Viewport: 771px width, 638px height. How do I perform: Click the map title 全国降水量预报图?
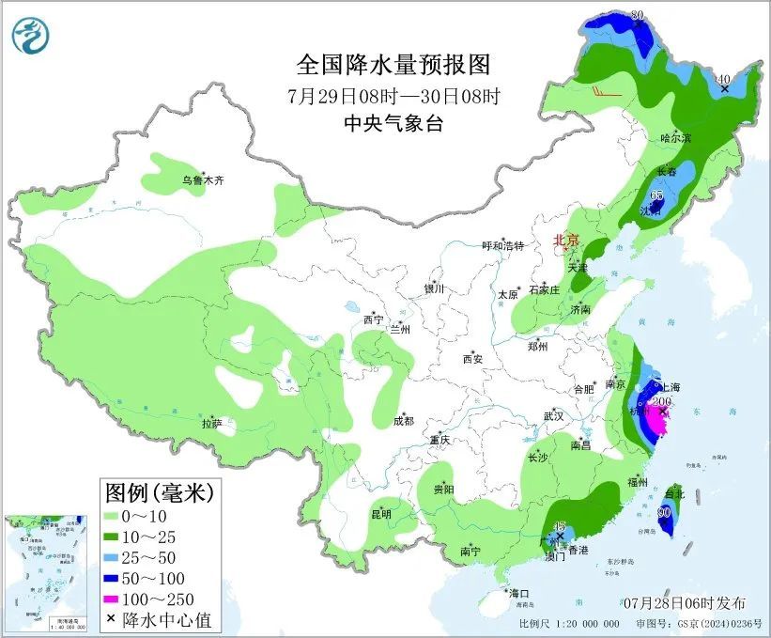[x=393, y=65]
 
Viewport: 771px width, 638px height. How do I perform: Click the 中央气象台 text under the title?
[x=393, y=123]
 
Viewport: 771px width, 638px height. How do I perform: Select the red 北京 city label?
[x=566, y=241]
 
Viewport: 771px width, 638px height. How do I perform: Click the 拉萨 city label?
[x=211, y=424]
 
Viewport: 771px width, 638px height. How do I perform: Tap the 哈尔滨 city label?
[x=674, y=138]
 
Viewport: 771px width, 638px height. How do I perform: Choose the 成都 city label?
[x=405, y=421]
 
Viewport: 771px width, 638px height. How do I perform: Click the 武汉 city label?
[x=553, y=415]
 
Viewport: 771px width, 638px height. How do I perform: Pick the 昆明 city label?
[x=380, y=513]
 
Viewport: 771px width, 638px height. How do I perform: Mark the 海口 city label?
[x=519, y=593]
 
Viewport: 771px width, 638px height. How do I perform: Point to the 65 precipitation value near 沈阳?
[x=657, y=195]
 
